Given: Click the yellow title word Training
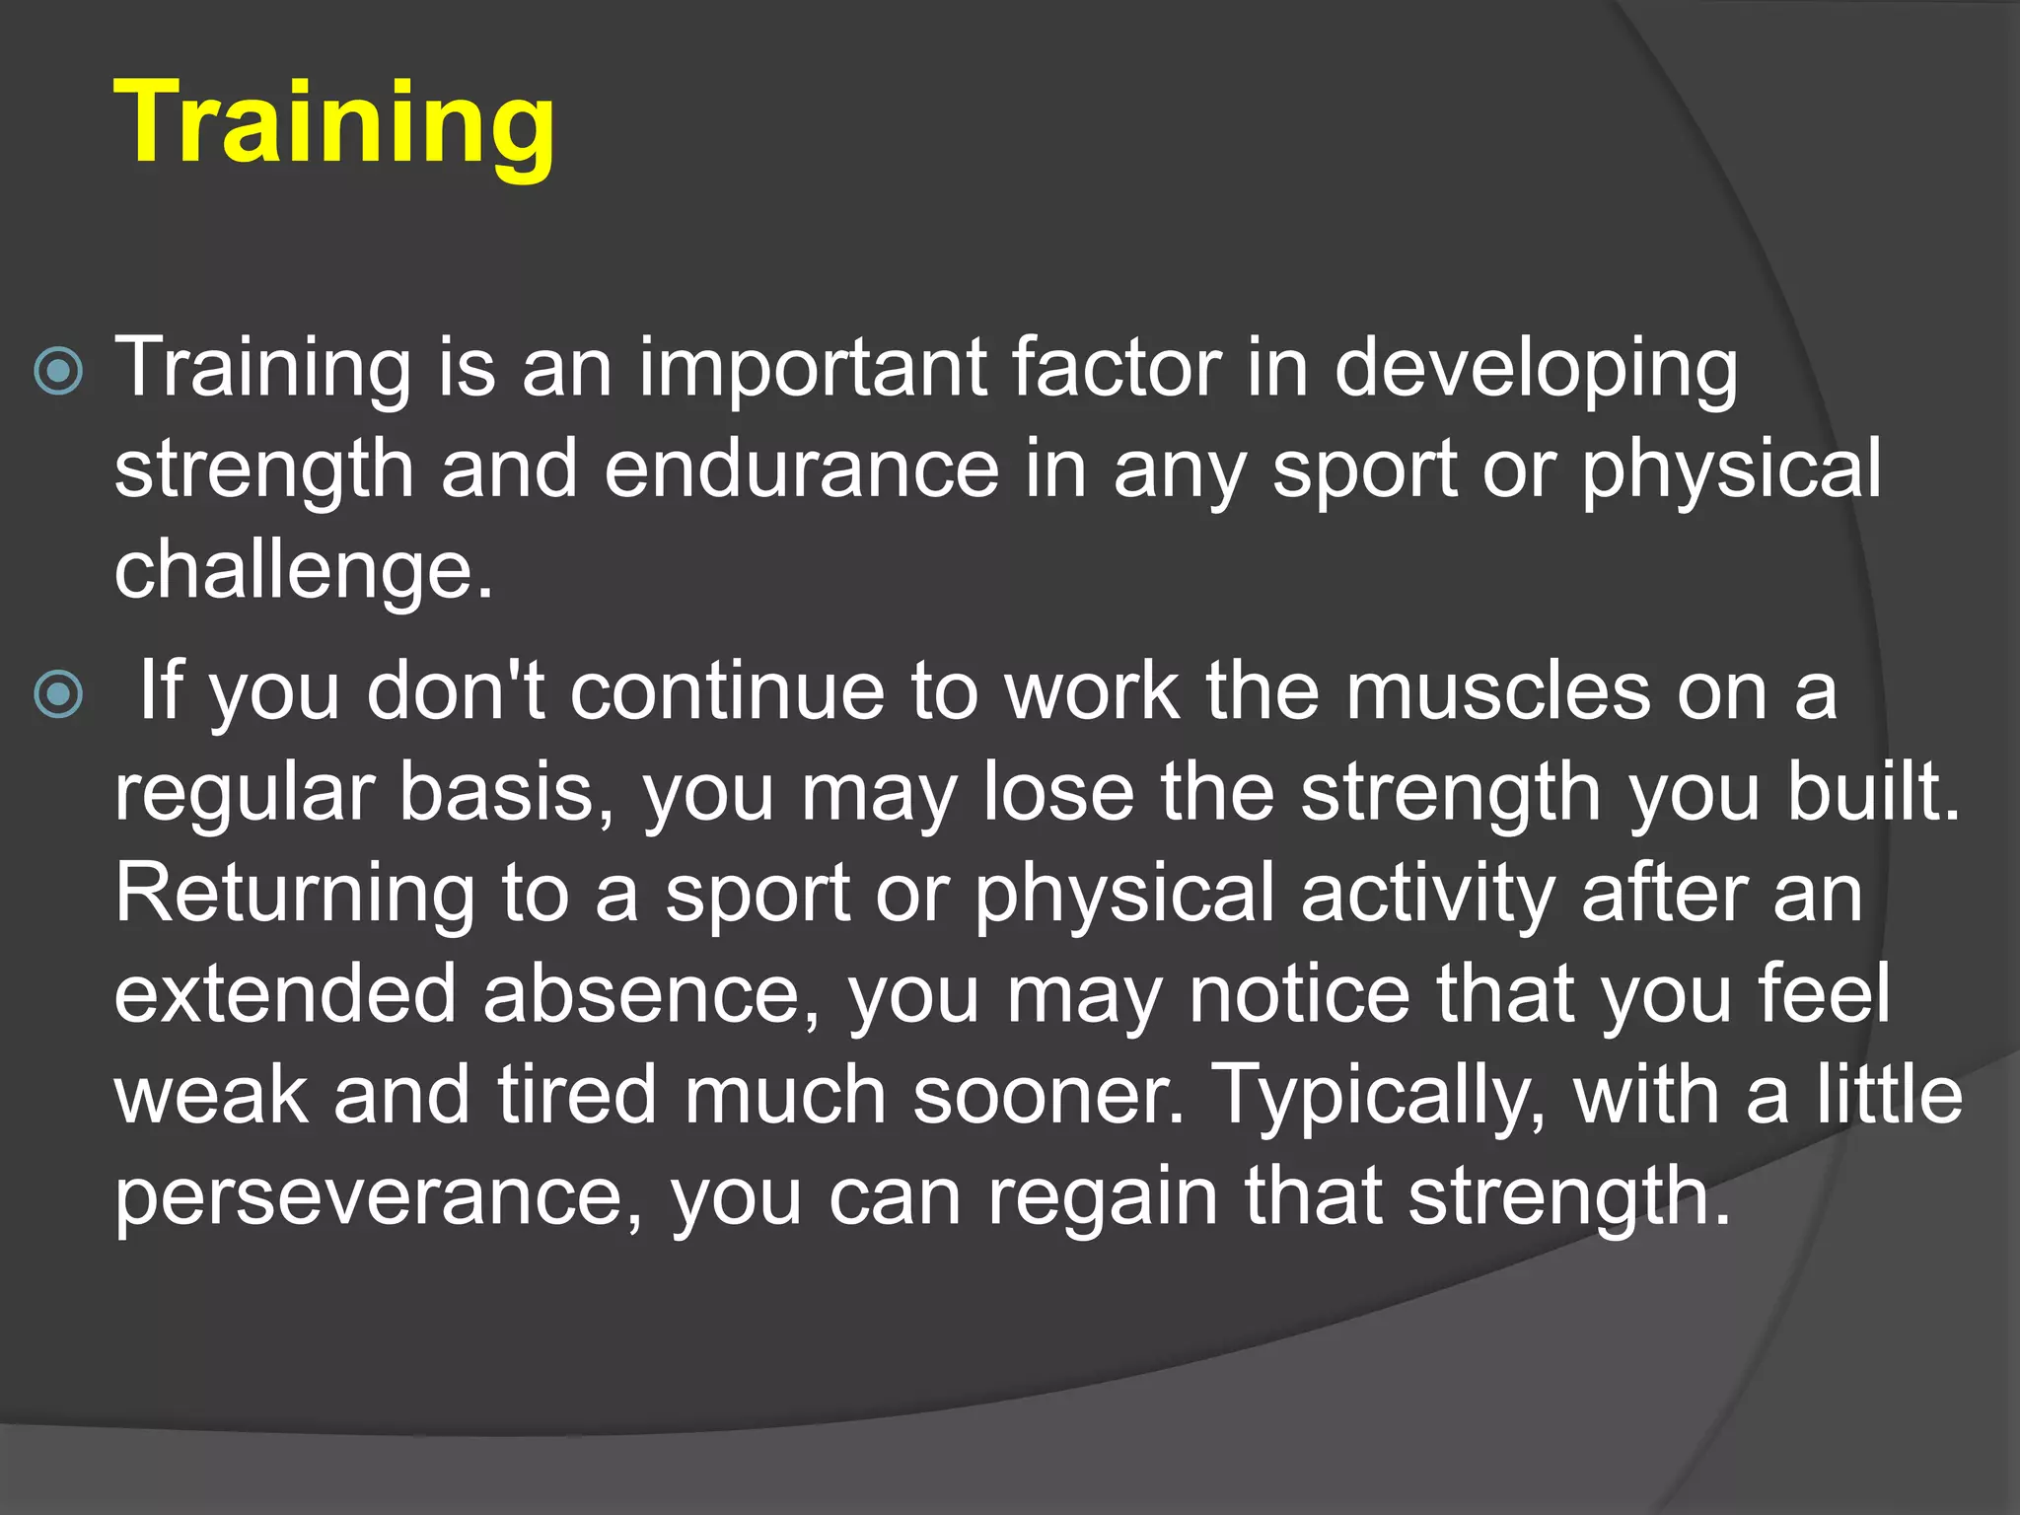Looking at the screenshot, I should coord(334,123).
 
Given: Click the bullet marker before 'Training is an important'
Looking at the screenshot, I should coord(58,372).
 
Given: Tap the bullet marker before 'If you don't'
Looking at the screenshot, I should coord(58,694).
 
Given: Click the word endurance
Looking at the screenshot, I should coord(801,469).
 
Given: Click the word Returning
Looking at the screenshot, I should coord(295,896).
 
